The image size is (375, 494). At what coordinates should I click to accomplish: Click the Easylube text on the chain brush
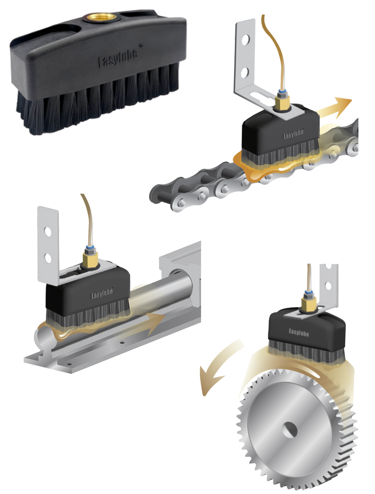click(293, 134)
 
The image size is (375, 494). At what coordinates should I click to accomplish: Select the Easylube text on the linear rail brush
click(102, 294)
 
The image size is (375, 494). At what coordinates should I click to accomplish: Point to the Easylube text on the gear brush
click(299, 332)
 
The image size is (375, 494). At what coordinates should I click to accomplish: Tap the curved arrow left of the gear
click(219, 367)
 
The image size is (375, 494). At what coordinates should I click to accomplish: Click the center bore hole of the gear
click(290, 429)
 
